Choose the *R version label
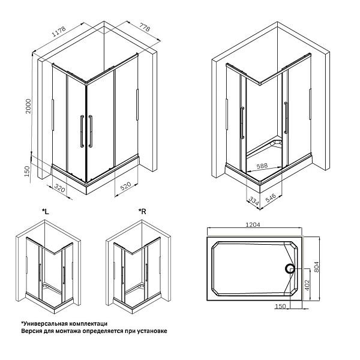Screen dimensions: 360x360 point(142,211)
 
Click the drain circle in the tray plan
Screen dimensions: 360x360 point(290,269)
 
